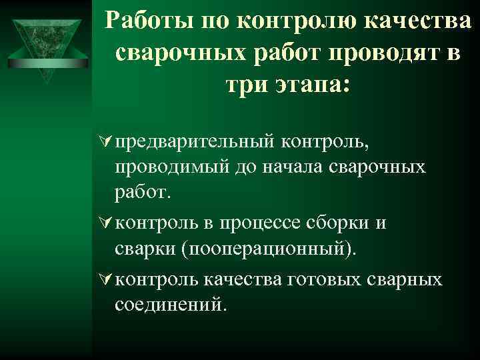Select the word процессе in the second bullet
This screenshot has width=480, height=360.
click(x=265, y=223)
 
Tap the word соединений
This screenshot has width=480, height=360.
click(x=171, y=305)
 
